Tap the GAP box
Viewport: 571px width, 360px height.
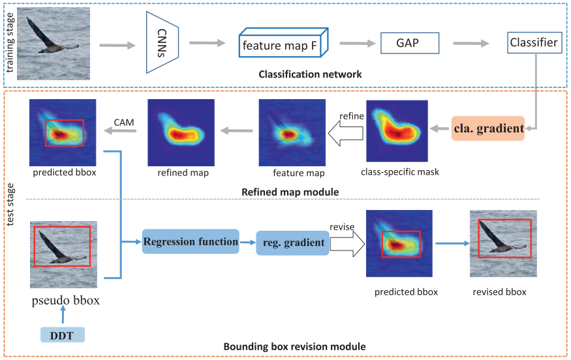[407, 44]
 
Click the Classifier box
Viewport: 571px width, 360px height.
[534, 44]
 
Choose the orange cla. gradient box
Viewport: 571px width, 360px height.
[488, 128]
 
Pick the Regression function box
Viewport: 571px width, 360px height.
[191, 242]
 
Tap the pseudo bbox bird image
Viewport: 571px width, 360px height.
[63, 254]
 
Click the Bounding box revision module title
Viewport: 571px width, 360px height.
[294, 346]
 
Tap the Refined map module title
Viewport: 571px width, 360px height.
[283, 192]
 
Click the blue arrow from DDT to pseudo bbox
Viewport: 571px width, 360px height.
[63, 316]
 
